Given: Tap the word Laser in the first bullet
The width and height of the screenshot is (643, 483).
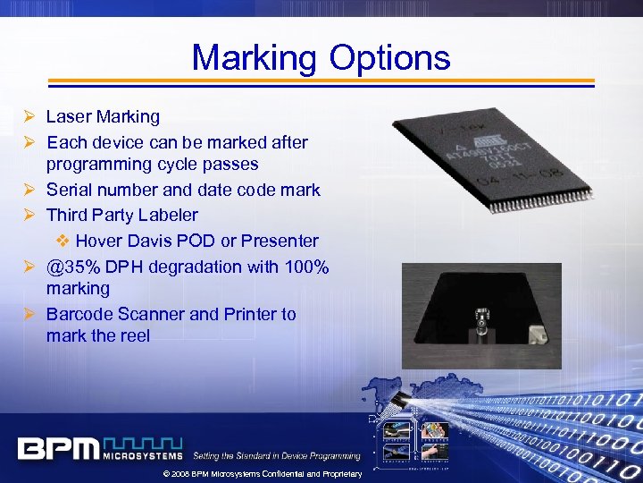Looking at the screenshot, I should coord(66,116).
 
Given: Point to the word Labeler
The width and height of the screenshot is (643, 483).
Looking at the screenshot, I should coord(168,215).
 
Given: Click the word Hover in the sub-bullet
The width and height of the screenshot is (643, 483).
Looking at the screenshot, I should coord(99,241).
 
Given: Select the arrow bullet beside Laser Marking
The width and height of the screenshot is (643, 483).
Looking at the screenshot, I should coord(30,116).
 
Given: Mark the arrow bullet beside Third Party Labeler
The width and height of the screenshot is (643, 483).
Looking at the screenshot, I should coord(30,215).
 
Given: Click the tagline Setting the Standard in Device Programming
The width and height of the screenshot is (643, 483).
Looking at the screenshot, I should coord(277,456).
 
